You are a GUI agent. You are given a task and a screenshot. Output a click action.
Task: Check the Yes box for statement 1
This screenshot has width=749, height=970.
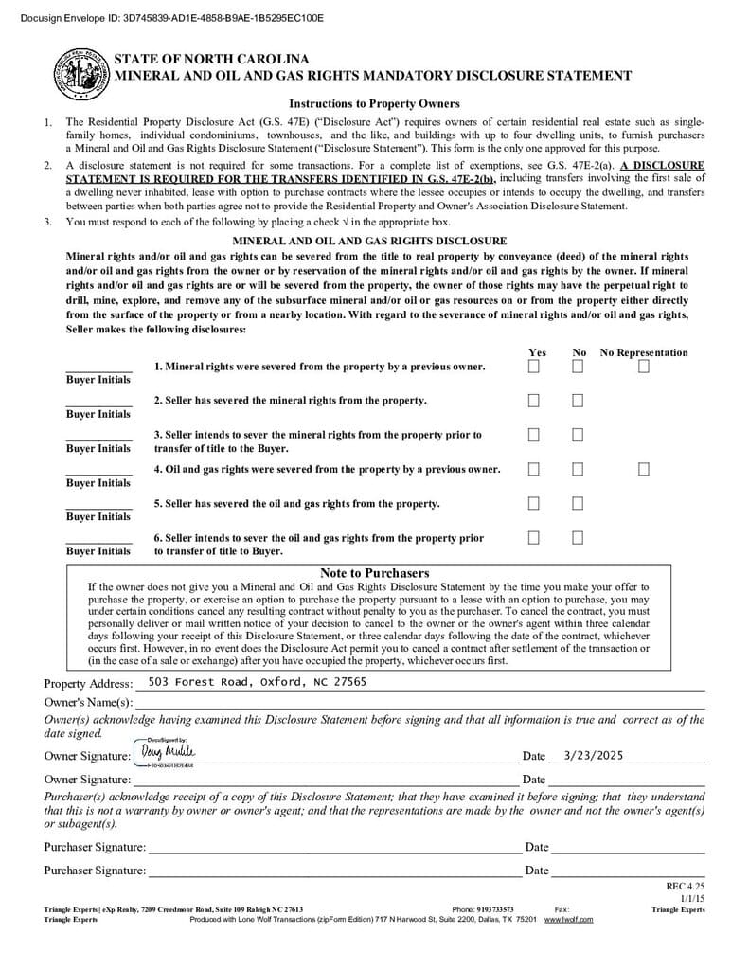tap(534, 367)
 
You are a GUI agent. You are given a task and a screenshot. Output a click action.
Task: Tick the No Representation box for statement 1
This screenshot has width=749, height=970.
tap(644, 367)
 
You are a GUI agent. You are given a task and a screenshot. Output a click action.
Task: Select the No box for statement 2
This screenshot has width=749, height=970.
tap(578, 401)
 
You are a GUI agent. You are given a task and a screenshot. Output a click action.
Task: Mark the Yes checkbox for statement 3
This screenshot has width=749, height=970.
tap(534, 435)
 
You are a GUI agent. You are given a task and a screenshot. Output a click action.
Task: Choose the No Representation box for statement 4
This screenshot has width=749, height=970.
tap(644, 469)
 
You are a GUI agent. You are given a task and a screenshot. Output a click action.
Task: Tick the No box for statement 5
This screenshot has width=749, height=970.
tap(578, 503)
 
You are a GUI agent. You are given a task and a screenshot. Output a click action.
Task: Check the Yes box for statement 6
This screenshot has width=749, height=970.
tap(534, 537)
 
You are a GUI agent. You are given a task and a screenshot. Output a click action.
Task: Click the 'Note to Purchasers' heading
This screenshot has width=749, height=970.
tap(374, 573)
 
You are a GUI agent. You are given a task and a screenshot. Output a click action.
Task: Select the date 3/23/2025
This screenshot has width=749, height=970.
tap(594, 756)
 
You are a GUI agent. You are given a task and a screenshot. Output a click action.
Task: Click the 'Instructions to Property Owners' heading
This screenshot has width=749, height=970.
tap(374, 104)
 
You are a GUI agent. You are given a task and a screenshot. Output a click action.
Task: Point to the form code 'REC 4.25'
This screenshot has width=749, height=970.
tap(686, 887)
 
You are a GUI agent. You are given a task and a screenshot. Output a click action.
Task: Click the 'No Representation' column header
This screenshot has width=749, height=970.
tap(644, 352)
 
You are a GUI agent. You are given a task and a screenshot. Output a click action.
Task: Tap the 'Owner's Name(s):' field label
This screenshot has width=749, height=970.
tap(88, 702)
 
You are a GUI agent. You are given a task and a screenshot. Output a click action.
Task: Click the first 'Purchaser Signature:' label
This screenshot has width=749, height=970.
tap(95, 847)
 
